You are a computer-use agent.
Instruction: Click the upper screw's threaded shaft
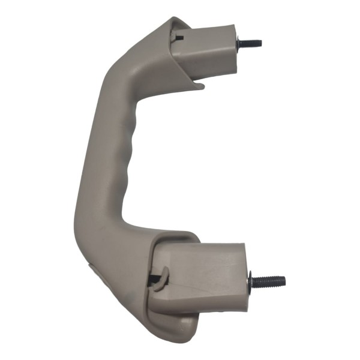coord(251,43)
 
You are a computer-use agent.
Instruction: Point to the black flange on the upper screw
coord(239,44)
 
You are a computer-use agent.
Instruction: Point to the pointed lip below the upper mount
coord(200,86)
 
